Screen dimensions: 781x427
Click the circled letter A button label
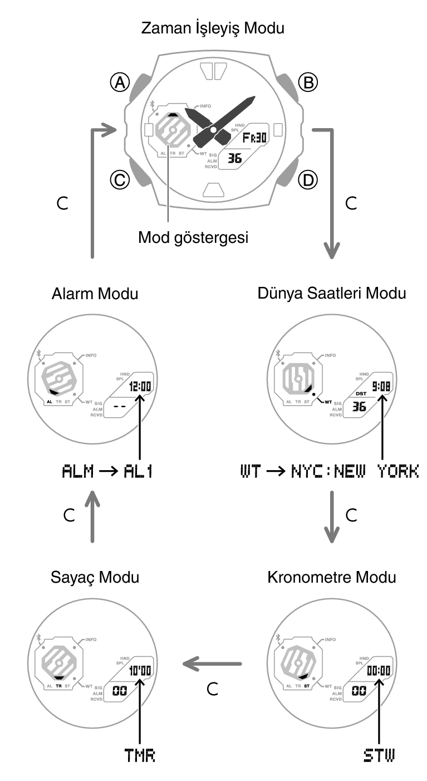pos(119,83)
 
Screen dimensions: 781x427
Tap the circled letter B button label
pos(307,83)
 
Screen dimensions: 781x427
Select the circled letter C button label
pos(119,179)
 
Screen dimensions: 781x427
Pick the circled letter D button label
pos(307,179)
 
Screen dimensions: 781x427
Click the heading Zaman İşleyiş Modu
pos(213,28)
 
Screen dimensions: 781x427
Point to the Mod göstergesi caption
pos(193,237)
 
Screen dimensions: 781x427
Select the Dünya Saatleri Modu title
pos(332,294)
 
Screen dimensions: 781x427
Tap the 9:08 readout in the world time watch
pos(381,385)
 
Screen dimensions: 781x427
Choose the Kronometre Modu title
pos(332,577)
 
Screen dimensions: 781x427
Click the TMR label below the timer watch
pos(140,755)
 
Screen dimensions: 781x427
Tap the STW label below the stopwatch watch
pos(379,755)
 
